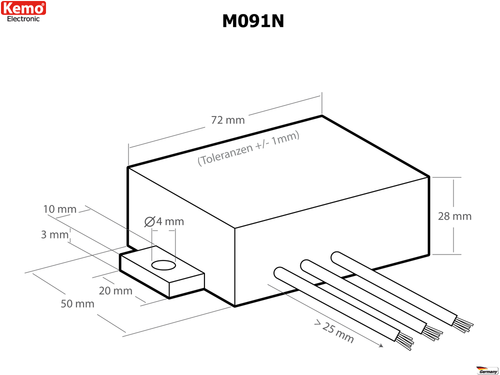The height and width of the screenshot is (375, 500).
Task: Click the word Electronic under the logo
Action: (23, 20)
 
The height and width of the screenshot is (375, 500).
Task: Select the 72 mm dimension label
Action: (229, 119)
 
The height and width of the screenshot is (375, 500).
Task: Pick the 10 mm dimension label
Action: (60, 209)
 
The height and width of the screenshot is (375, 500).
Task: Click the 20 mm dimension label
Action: (116, 292)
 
